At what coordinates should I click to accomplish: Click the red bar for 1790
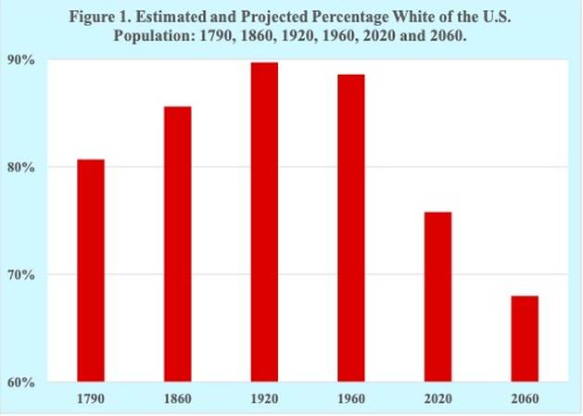pyautogui.click(x=91, y=271)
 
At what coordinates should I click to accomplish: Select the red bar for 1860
pyautogui.click(x=178, y=245)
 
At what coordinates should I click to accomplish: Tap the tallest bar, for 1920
pyautogui.click(x=264, y=222)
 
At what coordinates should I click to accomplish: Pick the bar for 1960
pyautogui.click(x=351, y=228)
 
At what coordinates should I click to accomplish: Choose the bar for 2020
pyautogui.click(x=438, y=297)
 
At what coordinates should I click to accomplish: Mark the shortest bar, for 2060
pyautogui.click(x=525, y=339)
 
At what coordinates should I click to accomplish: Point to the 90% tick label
pyautogui.click(x=20, y=60)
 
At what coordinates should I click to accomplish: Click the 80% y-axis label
pyautogui.click(x=20, y=168)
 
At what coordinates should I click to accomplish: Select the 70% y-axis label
pyautogui.click(x=20, y=275)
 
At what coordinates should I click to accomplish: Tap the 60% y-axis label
pyautogui.click(x=20, y=382)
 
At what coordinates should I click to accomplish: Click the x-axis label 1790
pyautogui.click(x=91, y=399)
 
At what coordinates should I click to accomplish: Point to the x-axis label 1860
pyautogui.click(x=178, y=399)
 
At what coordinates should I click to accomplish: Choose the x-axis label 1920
pyautogui.click(x=264, y=399)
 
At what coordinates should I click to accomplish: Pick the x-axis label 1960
pyautogui.click(x=351, y=399)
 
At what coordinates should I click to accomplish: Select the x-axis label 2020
pyautogui.click(x=438, y=399)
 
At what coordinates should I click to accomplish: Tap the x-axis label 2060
pyautogui.click(x=525, y=399)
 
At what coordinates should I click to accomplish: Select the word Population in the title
pyautogui.click(x=154, y=36)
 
